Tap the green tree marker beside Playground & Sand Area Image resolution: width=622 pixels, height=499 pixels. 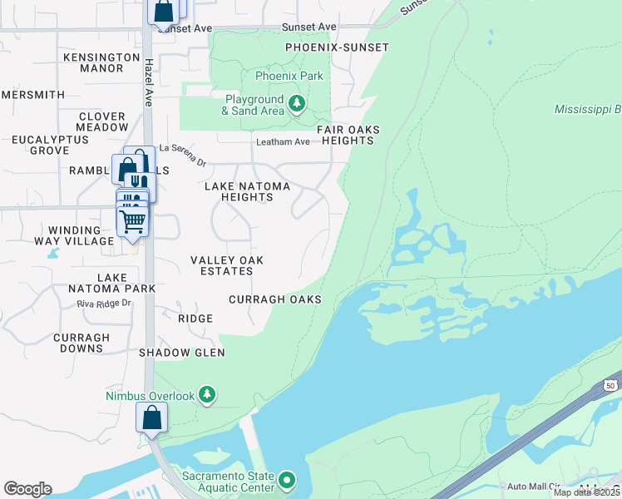(298, 105)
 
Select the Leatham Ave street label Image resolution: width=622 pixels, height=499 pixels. (283, 142)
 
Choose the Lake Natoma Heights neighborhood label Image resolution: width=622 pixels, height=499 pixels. (239, 191)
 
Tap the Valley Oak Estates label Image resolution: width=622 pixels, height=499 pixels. (227, 266)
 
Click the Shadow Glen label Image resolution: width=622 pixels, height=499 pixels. (182, 353)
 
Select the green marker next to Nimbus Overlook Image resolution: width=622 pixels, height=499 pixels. (207, 395)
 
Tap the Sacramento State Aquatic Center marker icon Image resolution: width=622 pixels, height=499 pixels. (287, 481)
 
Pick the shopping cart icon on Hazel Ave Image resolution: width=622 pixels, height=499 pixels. (132, 221)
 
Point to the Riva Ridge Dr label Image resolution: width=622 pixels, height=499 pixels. (104, 304)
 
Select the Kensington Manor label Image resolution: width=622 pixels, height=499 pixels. (102, 62)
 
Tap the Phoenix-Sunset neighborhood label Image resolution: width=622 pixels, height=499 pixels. (337, 48)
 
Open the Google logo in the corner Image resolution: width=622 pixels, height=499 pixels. (27, 489)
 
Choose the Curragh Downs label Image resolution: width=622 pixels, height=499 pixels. (81, 343)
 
